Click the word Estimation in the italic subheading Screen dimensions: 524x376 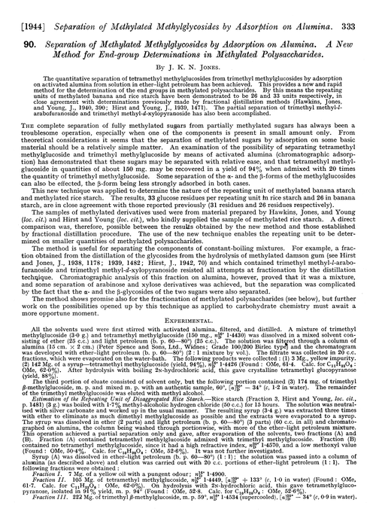click(41, 402)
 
